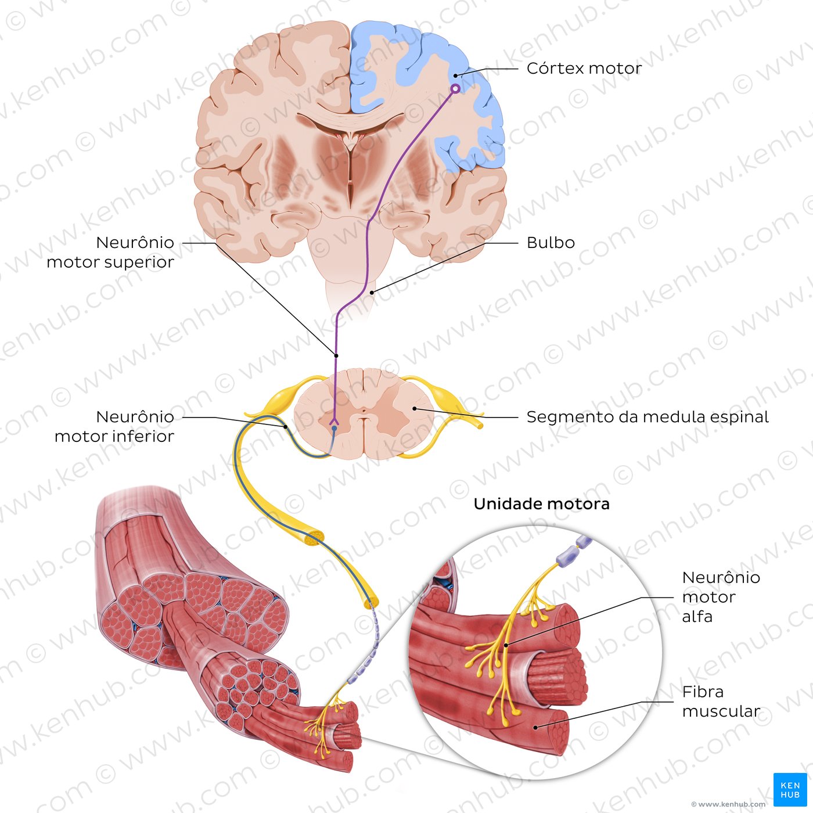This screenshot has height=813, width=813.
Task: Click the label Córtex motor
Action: [x=584, y=69]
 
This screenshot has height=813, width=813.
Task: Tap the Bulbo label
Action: [x=551, y=243]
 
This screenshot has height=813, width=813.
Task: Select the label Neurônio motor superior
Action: [x=110, y=252]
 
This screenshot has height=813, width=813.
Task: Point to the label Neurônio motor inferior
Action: [x=114, y=427]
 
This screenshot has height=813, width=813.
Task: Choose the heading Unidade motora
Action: [x=541, y=503]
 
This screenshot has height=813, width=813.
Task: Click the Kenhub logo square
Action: [x=787, y=789]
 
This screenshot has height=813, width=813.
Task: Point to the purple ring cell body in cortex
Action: [x=455, y=89]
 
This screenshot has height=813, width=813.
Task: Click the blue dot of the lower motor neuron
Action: [x=334, y=428]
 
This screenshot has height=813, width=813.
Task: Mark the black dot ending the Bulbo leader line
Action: [x=372, y=293]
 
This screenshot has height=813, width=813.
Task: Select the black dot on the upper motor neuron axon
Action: [x=336, y=355]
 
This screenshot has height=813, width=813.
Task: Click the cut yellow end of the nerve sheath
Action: [x=314, y=538]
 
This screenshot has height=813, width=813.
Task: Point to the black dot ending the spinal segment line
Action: [x=414, y=408]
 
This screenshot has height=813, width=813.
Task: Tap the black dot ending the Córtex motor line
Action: [x=456, y=76]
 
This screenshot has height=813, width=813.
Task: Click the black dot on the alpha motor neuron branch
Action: [x=505, y=645]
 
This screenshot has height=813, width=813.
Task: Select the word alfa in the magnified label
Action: [x=697, y=617]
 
